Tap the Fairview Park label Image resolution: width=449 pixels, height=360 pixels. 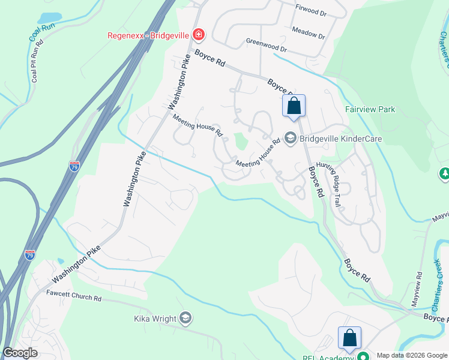[370, 110]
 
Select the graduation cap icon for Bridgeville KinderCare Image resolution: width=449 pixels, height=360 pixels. [291, 139]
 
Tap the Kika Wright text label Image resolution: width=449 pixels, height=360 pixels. [155, 318]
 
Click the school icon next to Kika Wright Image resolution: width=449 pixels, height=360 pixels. [185, 317]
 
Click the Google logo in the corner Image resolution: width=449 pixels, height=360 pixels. [20, 353]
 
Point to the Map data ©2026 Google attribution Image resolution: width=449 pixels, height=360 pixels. [411, 355]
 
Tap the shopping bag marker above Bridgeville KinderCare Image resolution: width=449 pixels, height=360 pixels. [294, 106]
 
